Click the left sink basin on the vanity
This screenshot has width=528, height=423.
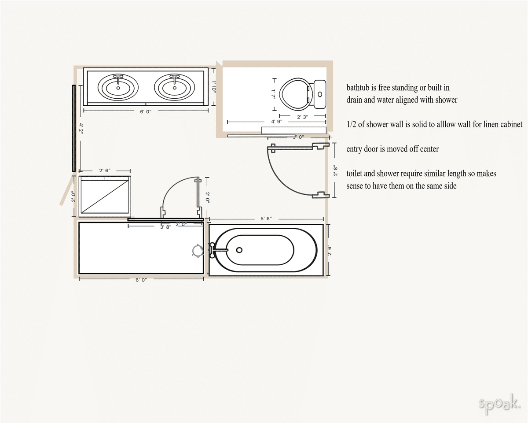tap(118, 87)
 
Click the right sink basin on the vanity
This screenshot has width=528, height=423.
tap(174, 87)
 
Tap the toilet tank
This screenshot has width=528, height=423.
tap(320, 94)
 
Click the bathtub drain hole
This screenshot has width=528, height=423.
tap(239, 250)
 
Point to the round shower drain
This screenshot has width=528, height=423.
tap(198, 251)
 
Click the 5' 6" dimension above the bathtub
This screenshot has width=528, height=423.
tap(266, 219)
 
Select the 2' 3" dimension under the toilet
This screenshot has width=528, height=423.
tap(302, 117)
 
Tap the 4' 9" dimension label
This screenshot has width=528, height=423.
tap(276, 122)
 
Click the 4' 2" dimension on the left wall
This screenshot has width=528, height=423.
tap(81, 128)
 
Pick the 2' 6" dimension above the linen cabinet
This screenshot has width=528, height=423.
tap(105, 171)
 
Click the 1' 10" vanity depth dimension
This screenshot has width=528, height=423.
tap(214, 87)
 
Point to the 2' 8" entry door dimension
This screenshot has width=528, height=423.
tap(335, 171)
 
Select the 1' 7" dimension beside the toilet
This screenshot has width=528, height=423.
tap(273, 94)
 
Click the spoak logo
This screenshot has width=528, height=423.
tap(499, 403)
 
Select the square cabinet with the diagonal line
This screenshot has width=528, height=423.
tap(105, 197)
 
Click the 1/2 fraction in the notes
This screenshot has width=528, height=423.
tap(351, 124)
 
